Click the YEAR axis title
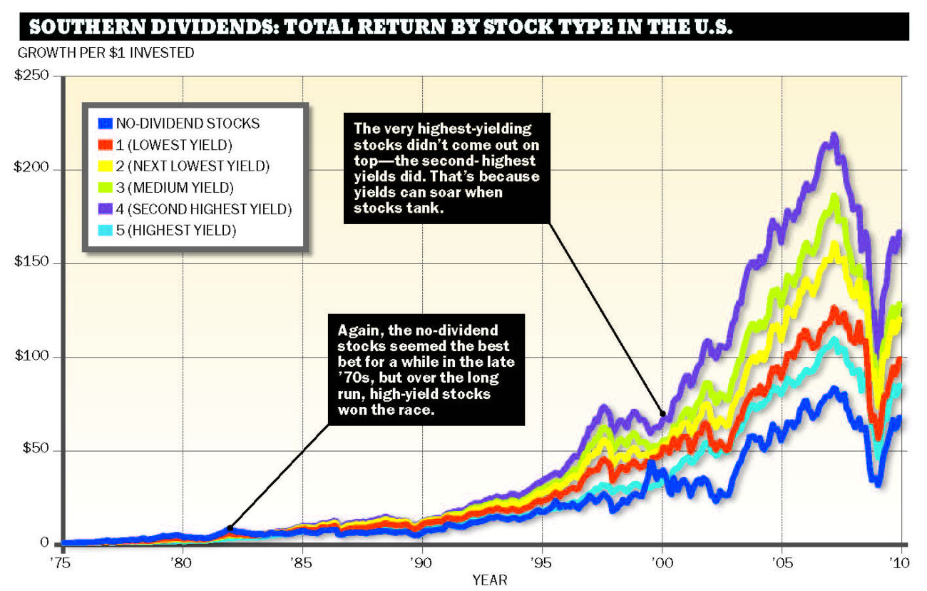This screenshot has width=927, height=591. (x=490, y=580)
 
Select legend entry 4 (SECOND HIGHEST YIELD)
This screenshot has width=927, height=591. (x=204, y=209)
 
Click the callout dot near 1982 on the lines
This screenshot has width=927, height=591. (x=230, y=528)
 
